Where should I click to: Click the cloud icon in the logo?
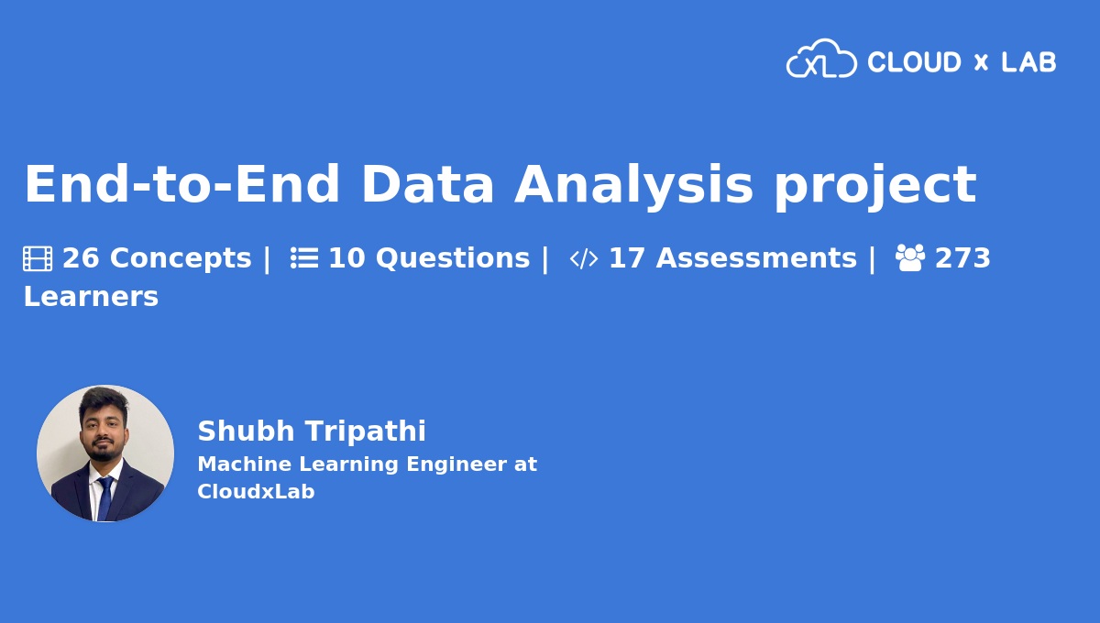[821, 59]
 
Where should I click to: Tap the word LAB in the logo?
[1028, 62]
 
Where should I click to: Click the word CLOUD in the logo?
[914, 62]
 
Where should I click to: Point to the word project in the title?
[875, 188]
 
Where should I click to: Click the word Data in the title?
[427, 183]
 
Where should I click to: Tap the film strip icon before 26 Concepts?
[38, 258]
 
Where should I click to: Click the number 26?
[81, 257]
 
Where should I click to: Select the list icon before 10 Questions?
[304, 257]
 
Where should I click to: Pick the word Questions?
[453, 258]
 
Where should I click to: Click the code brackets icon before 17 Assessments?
[584, 258]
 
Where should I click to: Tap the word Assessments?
[756, 257]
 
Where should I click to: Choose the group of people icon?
[910, 257]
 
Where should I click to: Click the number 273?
[962, 257]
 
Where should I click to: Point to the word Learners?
[91, 297]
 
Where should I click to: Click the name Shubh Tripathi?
[312, 431]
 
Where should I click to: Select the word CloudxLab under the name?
[256, 491]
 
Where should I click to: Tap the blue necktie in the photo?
[104, 497]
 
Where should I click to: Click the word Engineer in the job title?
[456, 465]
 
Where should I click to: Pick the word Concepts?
[181, 258]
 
